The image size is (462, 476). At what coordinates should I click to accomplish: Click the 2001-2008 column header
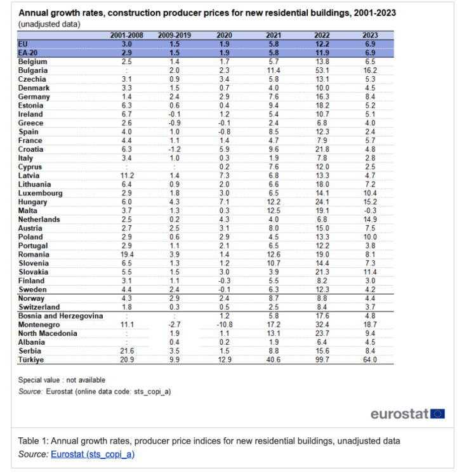click(x=126, y=36)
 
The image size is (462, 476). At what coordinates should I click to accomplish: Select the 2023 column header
click(x=370, y=36)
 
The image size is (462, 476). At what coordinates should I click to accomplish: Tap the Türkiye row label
click(x=32, y=360)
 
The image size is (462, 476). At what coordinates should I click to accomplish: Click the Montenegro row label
click(x=39, y=324)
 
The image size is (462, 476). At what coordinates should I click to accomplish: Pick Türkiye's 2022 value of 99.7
click(x=322, y=360)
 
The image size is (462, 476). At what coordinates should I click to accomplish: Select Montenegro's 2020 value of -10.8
click(x=224, y=324)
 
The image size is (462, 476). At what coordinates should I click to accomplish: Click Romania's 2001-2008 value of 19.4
click(x=126, y=254)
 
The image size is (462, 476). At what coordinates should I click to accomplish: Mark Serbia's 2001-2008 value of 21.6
click(x=126, y=351)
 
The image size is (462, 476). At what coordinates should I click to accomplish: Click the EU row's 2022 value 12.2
click(x=322, y=44)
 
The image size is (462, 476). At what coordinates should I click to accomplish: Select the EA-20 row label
click(x=30, y=53)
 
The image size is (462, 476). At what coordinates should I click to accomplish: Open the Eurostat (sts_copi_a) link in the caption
click(x=93, y=454)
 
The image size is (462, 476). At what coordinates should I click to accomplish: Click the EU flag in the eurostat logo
click(x=437, y=414)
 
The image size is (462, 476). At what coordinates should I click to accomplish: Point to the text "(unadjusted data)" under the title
click(x=49, y=23)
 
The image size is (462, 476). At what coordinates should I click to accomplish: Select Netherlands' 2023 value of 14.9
click(x=370, y=219)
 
